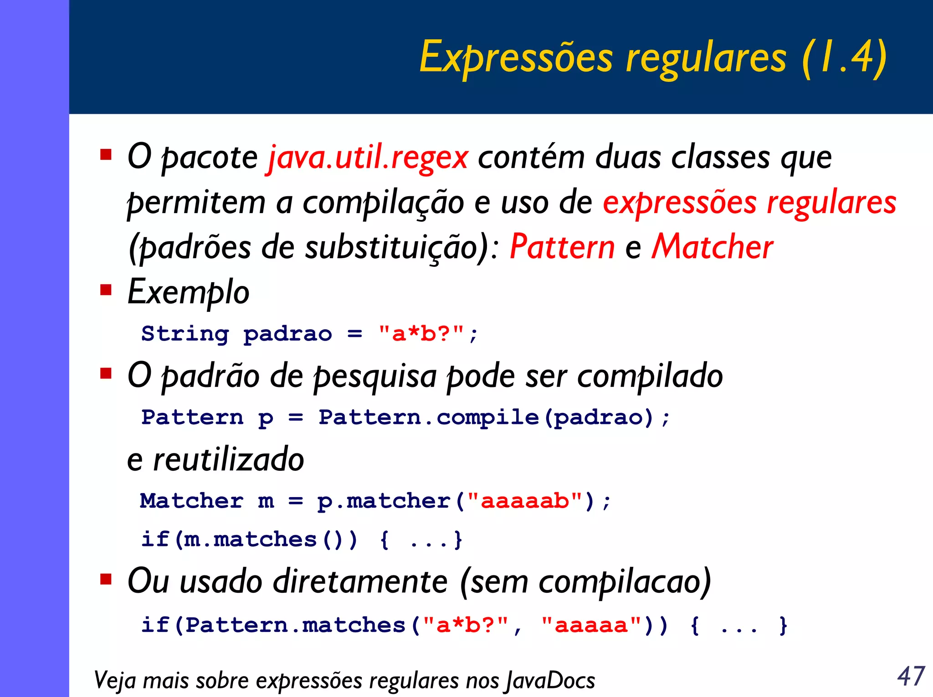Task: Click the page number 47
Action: point(911,676)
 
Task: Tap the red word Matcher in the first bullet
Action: point(713,247)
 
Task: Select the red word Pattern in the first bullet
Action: point(562,247)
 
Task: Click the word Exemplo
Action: point(188,292)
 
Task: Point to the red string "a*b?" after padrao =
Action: point(421,334)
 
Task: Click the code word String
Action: point(185,334)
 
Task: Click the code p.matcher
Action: point(384,501)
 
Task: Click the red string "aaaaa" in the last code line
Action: point(591,625)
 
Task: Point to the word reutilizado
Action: point(229,459)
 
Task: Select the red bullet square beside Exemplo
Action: point(106,290)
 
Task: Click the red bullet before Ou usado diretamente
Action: point(106,579)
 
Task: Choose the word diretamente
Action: point(359,582)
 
